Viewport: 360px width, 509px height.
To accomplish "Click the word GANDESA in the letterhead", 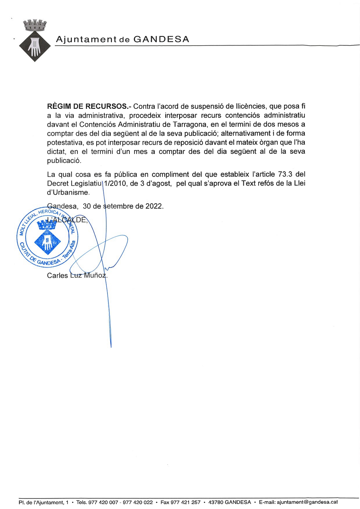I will pos(161,39).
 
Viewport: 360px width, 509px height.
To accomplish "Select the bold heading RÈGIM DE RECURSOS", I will pos(89,106).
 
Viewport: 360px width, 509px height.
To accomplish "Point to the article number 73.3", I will pos(285,174).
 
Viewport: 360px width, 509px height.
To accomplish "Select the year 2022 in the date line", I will pos(154,206).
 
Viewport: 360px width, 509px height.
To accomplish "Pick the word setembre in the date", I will pos(118,206).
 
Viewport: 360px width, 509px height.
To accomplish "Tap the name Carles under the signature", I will pos(57,275).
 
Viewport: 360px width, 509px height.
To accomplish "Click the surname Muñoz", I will pos(95,275).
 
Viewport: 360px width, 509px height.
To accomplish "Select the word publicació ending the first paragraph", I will pos(63,161).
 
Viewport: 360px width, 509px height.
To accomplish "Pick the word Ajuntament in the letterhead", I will pos(86,39).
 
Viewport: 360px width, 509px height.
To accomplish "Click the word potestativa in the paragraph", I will pos(66,143).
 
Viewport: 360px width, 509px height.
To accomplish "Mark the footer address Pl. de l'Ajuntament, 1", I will pos(44,502).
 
